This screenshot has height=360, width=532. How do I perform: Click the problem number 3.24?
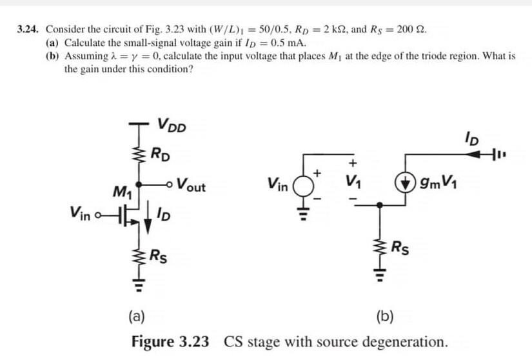28,30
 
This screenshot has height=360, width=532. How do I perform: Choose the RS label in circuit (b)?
400,245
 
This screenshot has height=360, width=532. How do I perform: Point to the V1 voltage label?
353,181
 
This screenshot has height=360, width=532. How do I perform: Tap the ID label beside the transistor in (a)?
163,214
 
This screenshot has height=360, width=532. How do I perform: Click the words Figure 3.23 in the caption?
170,341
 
